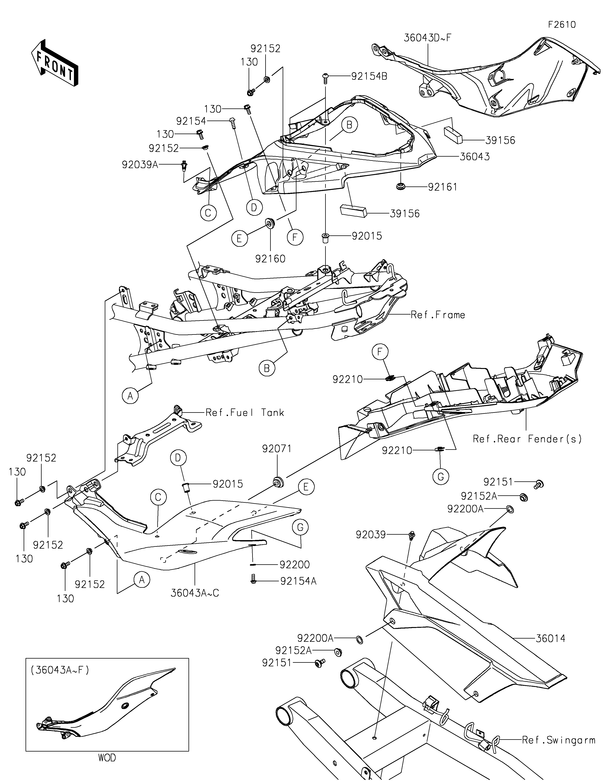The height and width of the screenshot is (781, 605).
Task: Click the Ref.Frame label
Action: tap(438, 315)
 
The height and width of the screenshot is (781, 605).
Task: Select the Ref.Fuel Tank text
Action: tap(245, 413)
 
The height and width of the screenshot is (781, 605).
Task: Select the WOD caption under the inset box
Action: tap(107, 757)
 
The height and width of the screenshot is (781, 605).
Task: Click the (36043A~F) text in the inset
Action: tap(60, 670)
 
